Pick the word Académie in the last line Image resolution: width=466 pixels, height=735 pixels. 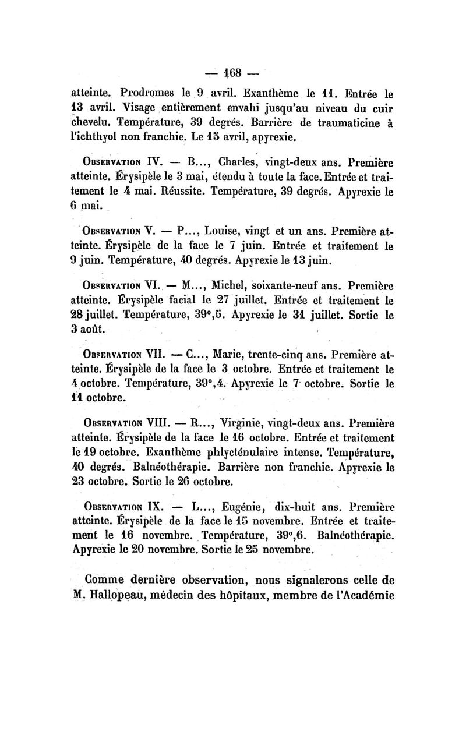pyautogui.click(x=365, y=596)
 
